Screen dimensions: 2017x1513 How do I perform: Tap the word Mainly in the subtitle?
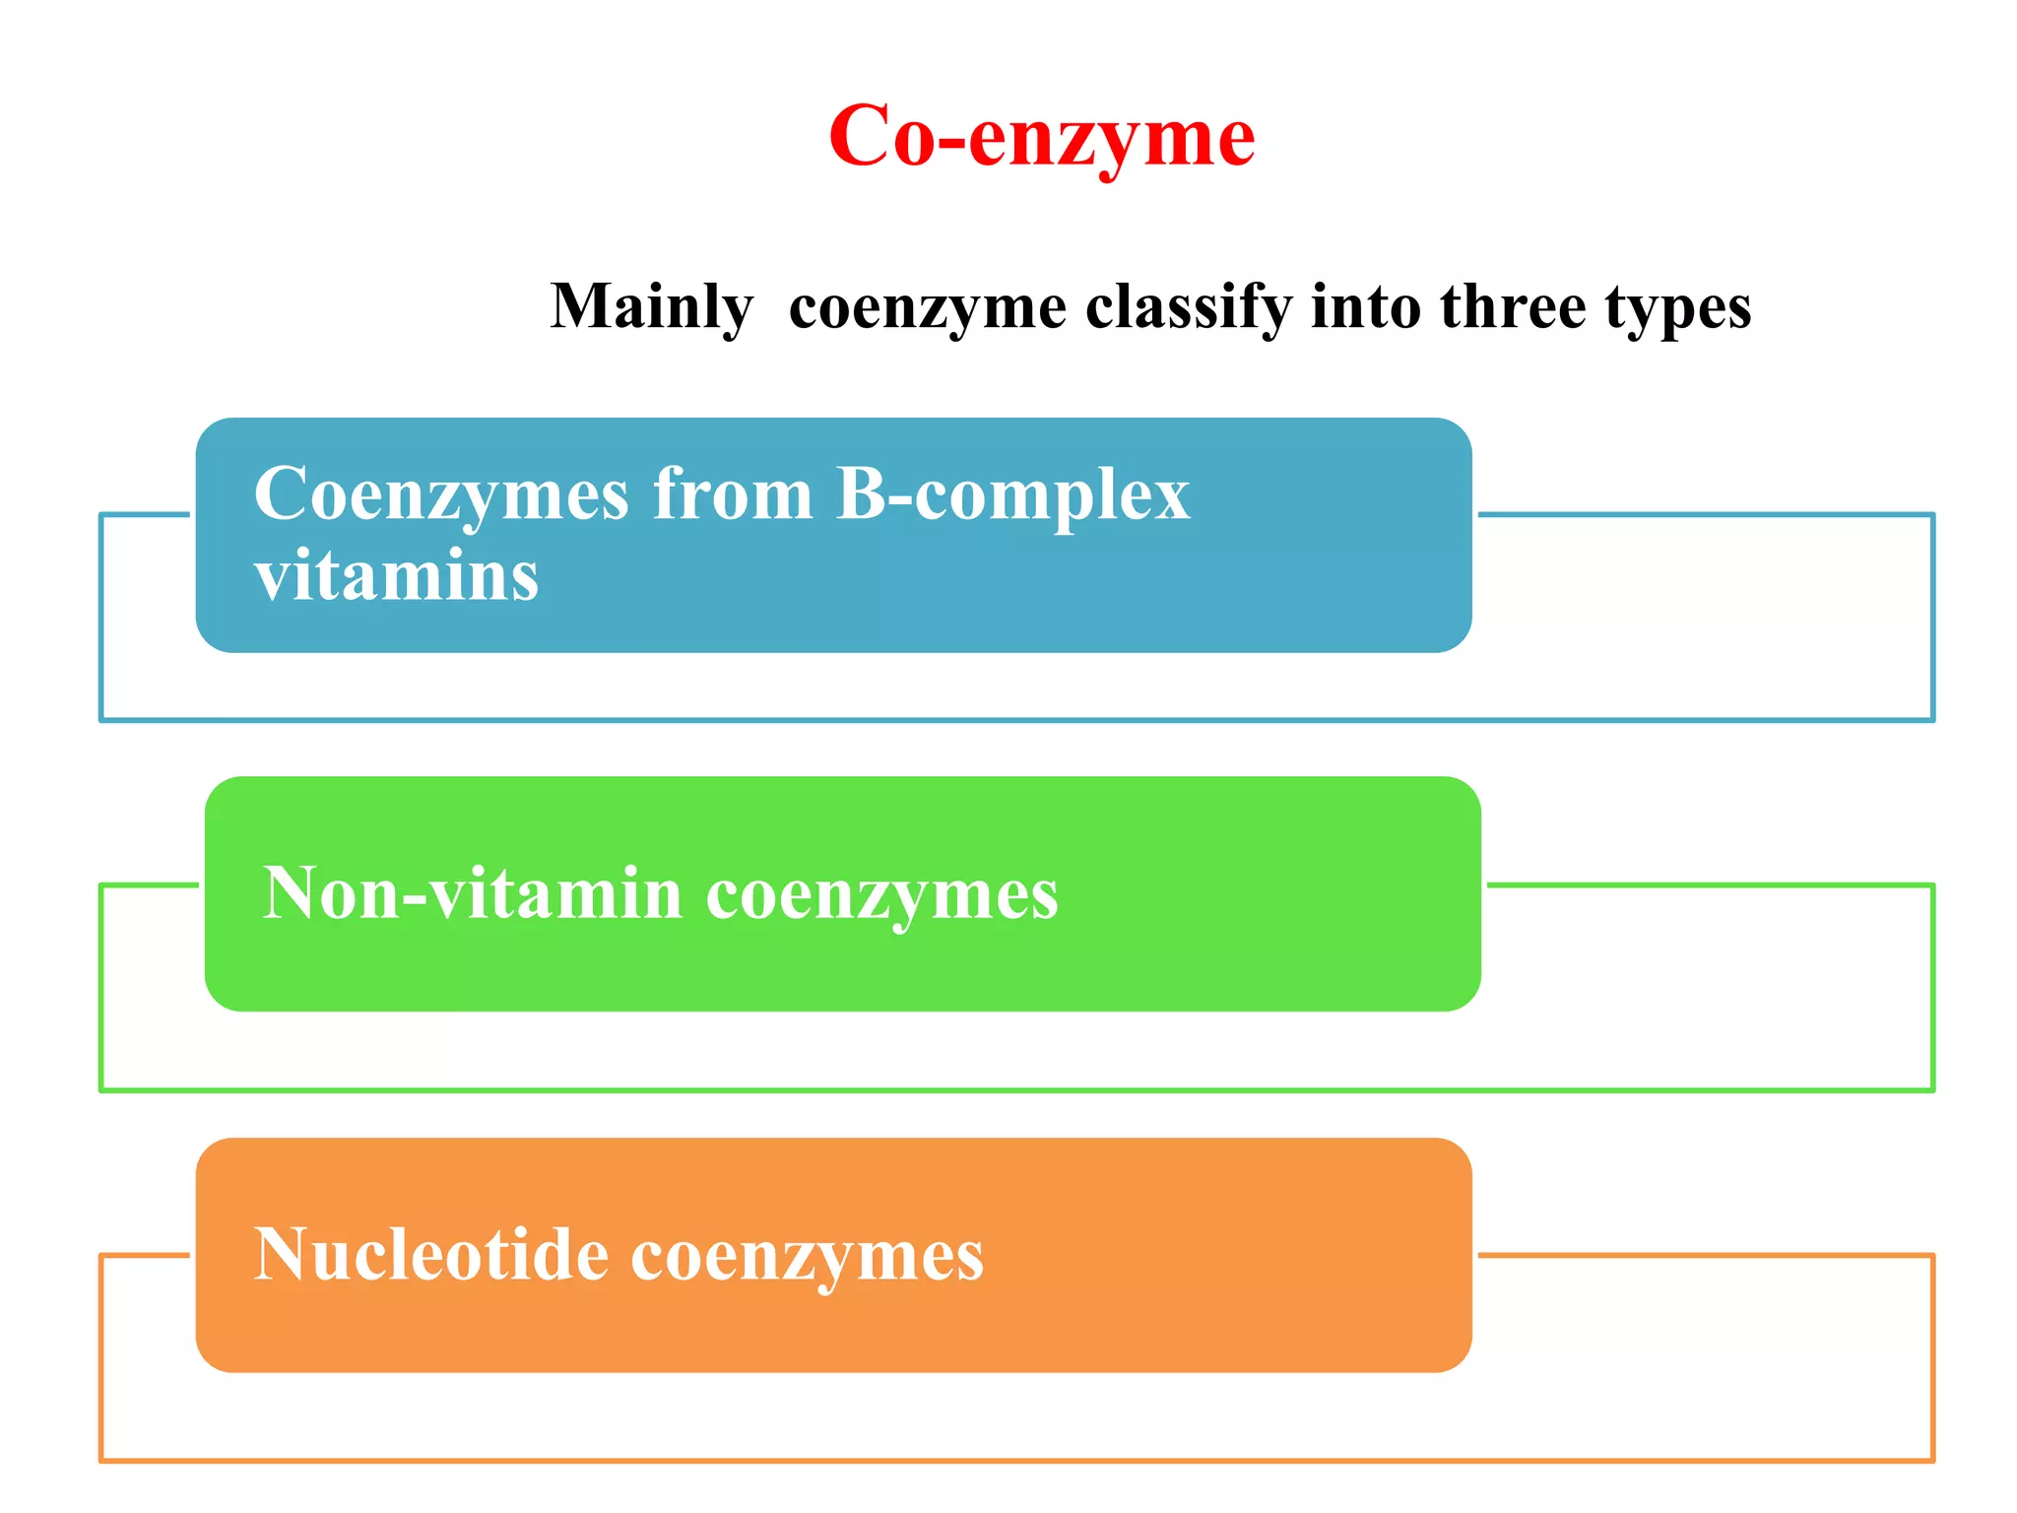[652, 306]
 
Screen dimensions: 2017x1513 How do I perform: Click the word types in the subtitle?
[1678, 308]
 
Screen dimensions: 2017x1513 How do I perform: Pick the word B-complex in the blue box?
[1012, 493]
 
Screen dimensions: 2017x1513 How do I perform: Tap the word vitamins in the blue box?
[397, 575]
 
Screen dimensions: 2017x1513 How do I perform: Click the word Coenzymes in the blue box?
[441, 493]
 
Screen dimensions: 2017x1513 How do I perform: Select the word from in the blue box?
[733, 493]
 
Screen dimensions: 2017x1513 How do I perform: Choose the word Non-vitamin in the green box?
[473, 893]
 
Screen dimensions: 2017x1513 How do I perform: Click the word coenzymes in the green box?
[882, 895]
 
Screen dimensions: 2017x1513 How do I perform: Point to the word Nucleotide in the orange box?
[431, 1255]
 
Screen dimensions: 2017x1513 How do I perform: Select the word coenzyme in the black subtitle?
[928, 308]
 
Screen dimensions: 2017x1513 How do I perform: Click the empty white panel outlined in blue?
[1704, 621]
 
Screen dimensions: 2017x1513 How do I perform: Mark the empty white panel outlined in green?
[1704, 990]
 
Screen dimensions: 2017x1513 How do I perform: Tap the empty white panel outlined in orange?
[1704, 1359]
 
